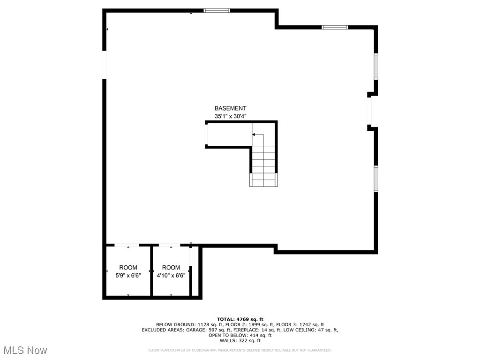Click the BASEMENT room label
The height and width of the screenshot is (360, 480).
(x=230, y=108)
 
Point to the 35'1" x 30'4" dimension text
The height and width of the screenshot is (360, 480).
(x=230, y=116)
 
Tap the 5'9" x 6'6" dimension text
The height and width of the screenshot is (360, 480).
(x=128, y=276)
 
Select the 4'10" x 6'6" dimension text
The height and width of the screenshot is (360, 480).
(x=171, y=276)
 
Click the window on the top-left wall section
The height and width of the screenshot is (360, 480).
(x=217, y=10)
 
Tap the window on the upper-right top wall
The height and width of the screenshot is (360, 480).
(x=335, y=27)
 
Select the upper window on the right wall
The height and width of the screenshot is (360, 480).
(x=376, y=66)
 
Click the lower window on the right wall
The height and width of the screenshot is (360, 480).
(x=376, y=178)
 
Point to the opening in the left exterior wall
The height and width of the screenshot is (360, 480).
(x=105, y=65)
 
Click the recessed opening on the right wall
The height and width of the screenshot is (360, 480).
(x=369, y=111)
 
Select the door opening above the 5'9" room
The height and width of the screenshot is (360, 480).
(x=127, y=245)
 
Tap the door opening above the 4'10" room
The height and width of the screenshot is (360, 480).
(x=169, y=245)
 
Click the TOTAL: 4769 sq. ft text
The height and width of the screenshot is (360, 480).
(x=240, y=319)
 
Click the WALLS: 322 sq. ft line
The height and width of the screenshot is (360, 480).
(x=240, y=341)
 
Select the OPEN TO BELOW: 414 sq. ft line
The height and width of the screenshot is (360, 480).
(x=240, y=335)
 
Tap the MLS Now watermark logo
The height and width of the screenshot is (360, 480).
(x=25, y=350)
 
